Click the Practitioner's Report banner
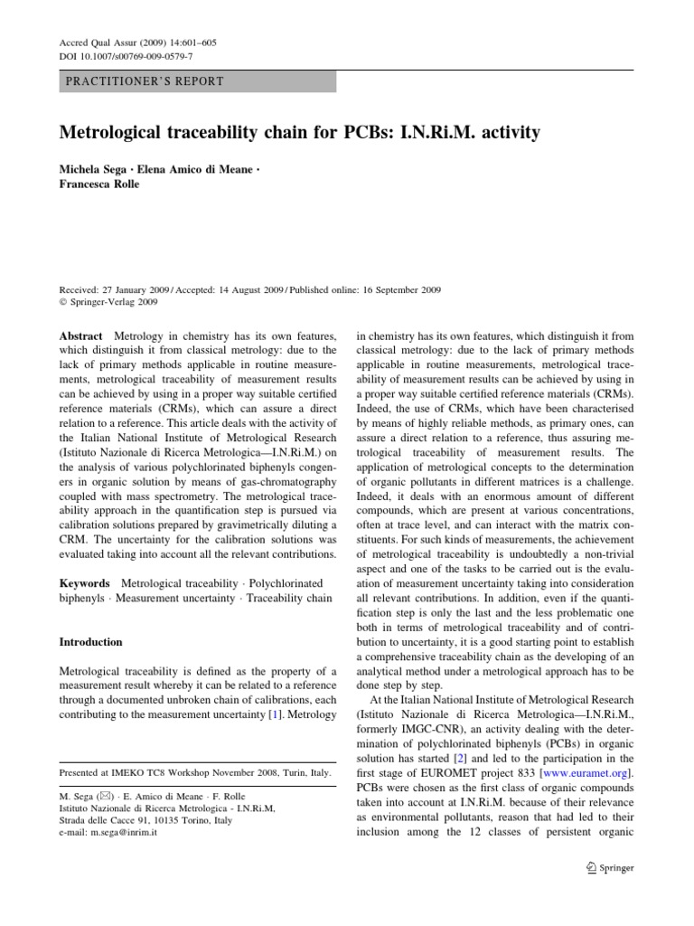[197, 80]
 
